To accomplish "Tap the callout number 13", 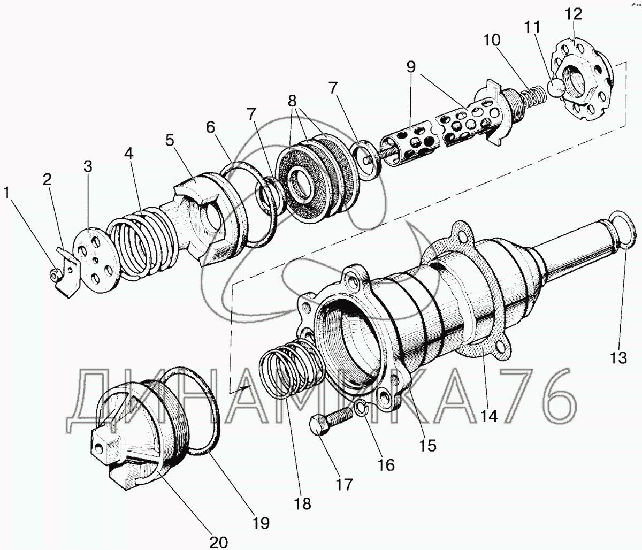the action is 619,357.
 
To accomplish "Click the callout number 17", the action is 345,484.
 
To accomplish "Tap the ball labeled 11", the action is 556,87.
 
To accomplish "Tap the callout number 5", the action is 170,141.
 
